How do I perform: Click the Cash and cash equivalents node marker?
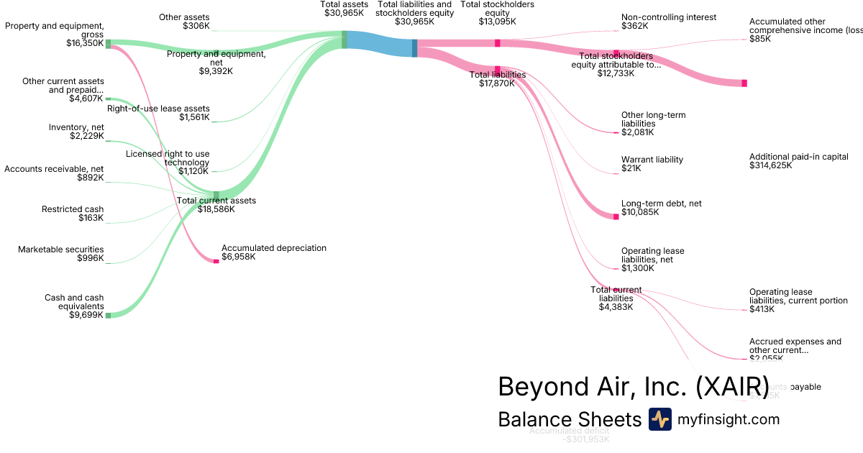point(109,315)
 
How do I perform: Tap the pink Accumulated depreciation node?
point(216,261)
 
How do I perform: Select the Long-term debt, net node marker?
point(616,216)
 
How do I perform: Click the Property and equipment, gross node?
point(109,44)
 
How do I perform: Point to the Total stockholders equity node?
point(497,43)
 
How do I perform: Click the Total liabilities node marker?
point(497,69)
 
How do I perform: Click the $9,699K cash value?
point(86,315)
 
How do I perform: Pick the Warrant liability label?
point(652,160)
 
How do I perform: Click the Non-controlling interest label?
point(668,17)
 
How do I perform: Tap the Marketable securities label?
point(60,250)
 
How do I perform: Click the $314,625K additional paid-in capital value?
point(770,165)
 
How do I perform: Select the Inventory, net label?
point(76,127)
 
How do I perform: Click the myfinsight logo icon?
point(659,419)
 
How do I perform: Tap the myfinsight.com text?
point(729,419)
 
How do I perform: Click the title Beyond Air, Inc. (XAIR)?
point(633,386)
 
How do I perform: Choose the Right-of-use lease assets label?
point(158,109)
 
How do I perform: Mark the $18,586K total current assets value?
point(216,209)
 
